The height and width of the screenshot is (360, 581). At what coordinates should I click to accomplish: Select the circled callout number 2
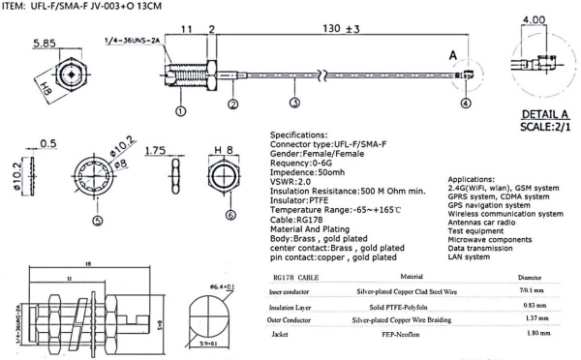[x=232, y=103]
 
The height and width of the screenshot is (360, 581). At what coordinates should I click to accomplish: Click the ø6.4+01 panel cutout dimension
[x=224, y=286]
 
